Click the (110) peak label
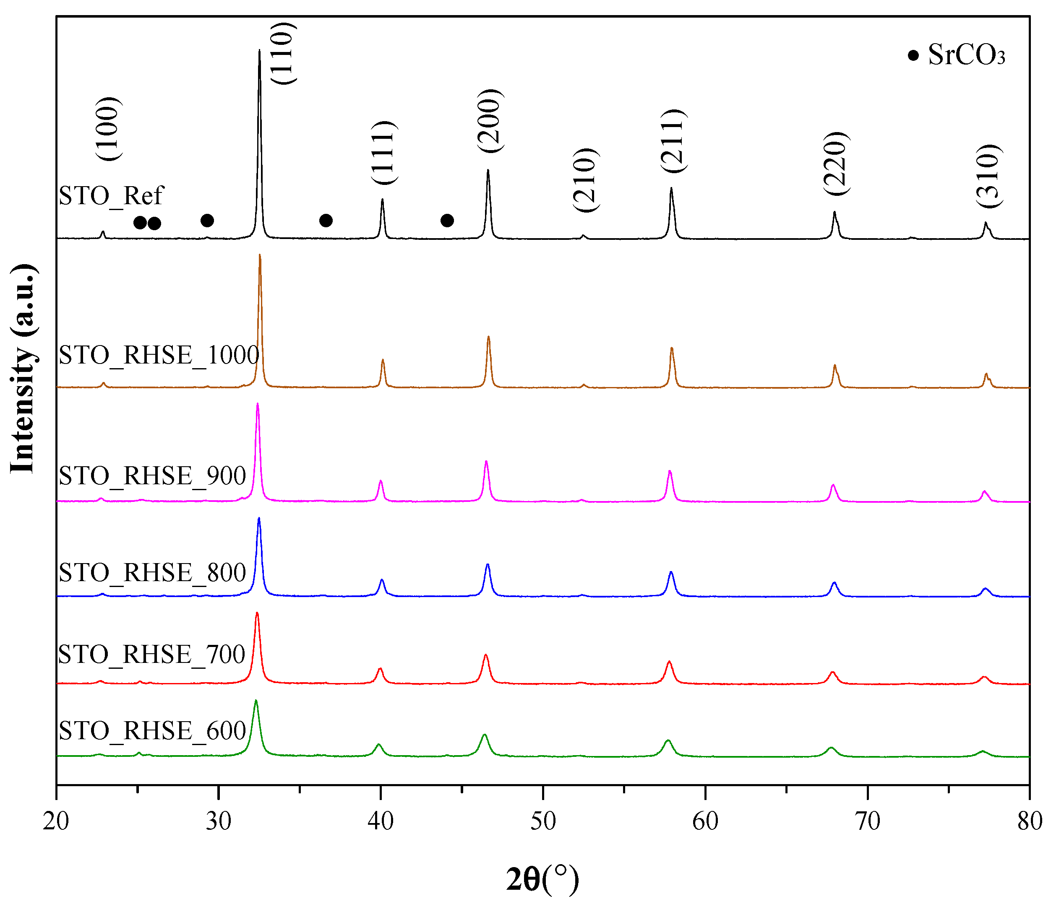click(282, 54)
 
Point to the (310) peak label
click(989, 176)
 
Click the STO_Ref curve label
click(111, 196)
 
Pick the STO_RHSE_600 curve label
click(152, 730)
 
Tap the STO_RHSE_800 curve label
click(152, 572)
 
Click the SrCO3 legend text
click(966, 55)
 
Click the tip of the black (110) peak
click(259, 50)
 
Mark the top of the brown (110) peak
click(260, 255)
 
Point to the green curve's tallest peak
click(256, 701)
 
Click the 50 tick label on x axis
click(543, 821)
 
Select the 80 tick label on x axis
click(1030, 821)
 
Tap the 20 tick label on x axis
click(56, 821)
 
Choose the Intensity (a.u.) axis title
click(23, 369)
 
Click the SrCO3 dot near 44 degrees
click(447, 221)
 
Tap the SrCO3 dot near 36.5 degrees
click(326, 221)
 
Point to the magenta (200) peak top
click(486, 461)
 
